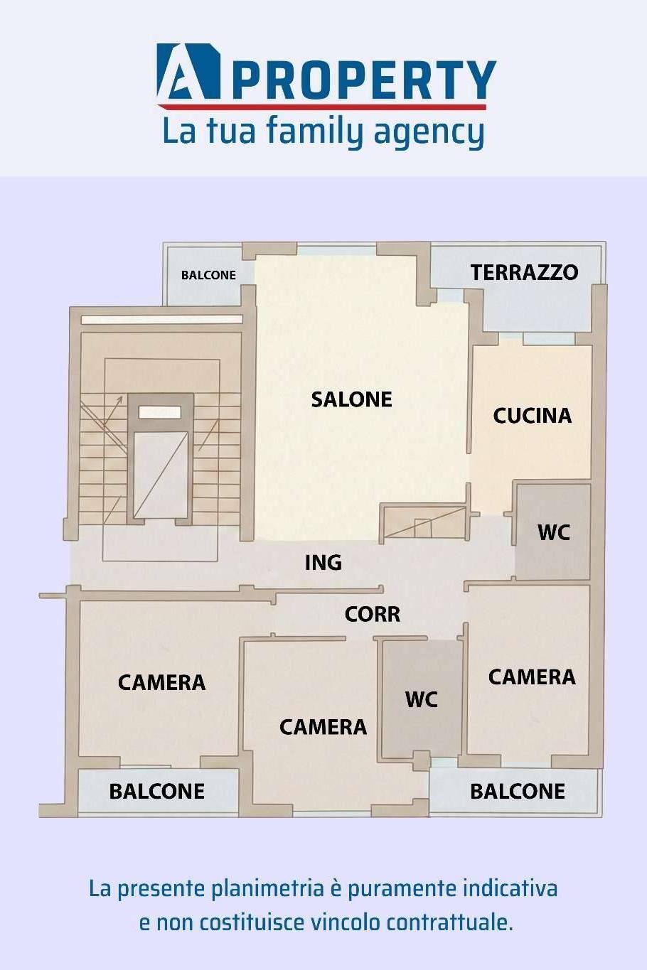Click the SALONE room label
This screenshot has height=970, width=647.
(351, 399)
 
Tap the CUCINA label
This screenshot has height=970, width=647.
(532, 416)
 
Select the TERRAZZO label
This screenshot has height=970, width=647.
(525, 272)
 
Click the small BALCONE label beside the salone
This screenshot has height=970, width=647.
(208, 275)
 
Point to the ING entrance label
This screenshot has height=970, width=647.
(323, 563)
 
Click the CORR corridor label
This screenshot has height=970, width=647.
(373, 614)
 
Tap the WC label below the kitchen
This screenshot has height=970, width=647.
(553, 533)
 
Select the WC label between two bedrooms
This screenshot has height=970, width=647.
(421, 699)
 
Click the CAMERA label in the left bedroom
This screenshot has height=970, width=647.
(161, 683)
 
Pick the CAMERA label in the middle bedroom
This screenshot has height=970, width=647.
(323, 727)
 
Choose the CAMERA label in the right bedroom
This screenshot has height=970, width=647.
(532, 677)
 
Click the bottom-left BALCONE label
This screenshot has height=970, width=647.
(157, 792)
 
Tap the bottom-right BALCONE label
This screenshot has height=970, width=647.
(518, 792)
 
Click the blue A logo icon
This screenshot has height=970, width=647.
(189, 71)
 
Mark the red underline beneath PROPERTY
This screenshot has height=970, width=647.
(321, 107)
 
